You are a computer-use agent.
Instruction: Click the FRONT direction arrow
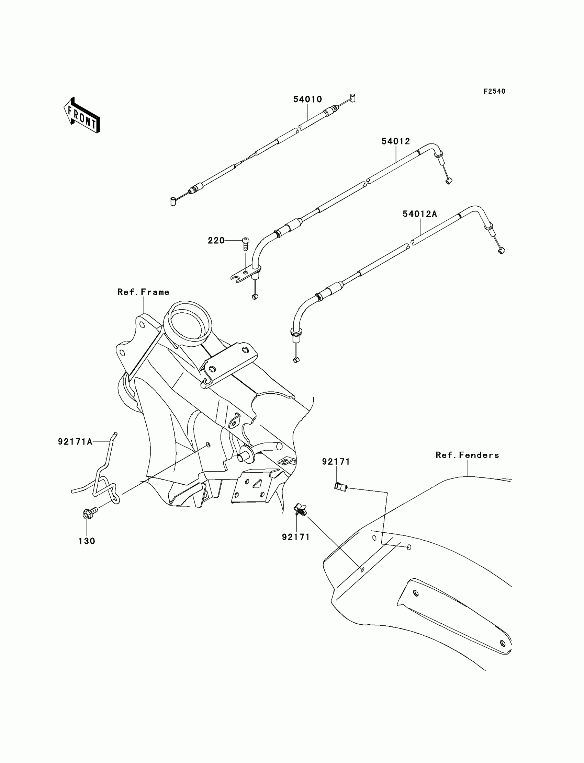[x=82, y=116]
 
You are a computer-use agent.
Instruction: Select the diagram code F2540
[x=494, y=91]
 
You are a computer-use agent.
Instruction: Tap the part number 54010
[x=307, y=99]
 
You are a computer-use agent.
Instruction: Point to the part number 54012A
[x=419, y=214]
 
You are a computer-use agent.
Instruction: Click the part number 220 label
[x=216, y=240]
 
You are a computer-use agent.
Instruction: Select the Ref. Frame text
[x=143, y=292]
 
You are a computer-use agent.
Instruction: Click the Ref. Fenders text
[x=467, y=455]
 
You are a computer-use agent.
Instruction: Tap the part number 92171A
[x=75, y=441]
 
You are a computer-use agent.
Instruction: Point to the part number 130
[x=87, y=541]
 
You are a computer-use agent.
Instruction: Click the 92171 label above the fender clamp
[x=336, y=462]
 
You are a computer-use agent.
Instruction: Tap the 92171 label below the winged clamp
[x=295, y=537]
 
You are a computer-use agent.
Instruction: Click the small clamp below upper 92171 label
[x=340, y=487]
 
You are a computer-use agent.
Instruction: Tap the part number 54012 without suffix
[x=396, y=141]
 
